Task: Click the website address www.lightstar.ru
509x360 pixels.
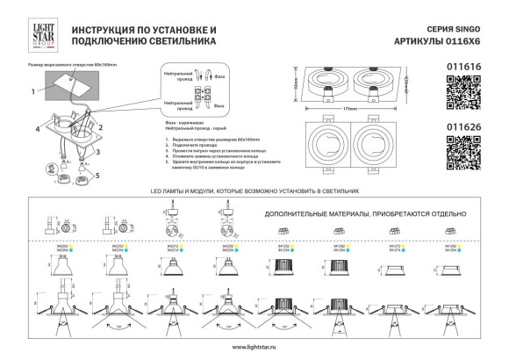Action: click(x=254, y=348)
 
